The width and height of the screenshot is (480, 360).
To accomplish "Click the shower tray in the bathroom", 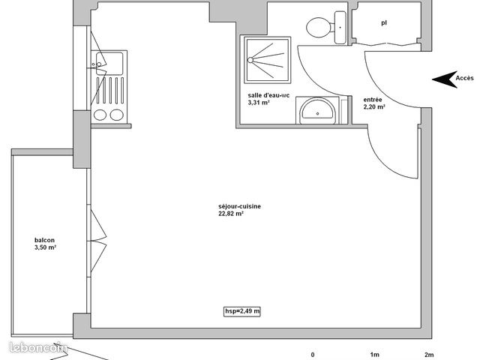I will click(265, 61).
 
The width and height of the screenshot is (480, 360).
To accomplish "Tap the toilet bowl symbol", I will click(320, 28).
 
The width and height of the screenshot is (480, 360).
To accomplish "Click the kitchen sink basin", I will click(109, 61).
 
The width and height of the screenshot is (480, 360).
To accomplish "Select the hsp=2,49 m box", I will click(242, 310).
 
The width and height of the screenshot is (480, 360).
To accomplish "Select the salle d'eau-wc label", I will click(268, 95).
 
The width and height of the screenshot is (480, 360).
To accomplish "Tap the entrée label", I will click(373, 99).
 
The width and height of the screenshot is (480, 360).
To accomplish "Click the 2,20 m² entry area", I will click(374, 106).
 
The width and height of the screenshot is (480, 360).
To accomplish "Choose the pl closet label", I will click(384, 22).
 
